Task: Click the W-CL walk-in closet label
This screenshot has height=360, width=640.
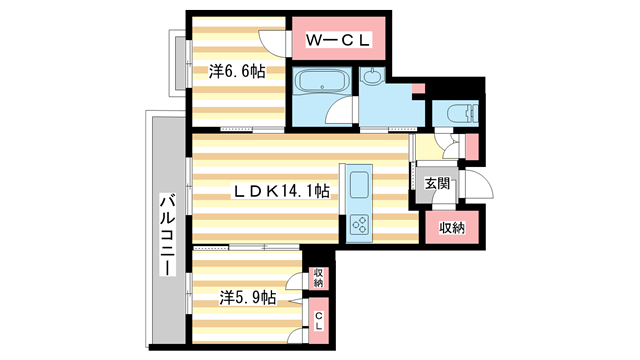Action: point(338,40)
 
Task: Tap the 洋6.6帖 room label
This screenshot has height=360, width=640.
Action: point(237,71)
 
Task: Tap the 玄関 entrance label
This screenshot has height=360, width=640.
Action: point(437,184)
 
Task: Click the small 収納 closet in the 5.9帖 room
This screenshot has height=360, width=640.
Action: point(318,277)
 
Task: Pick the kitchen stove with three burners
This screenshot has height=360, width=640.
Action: point(359,227)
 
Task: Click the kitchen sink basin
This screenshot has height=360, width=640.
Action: point(359,183)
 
